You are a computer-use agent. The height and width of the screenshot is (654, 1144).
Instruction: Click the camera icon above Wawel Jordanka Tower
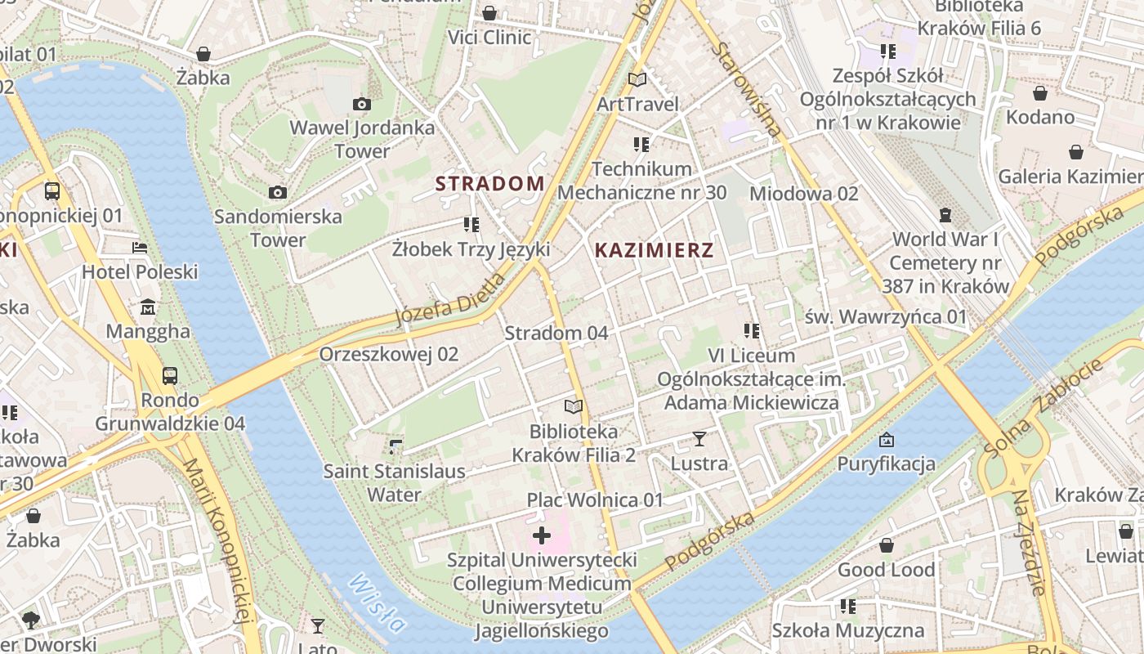(x=361, y=104)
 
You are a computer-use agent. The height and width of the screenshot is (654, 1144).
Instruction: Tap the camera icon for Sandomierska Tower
(x=278, y=193)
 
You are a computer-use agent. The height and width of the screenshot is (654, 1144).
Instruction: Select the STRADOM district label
(x=489, y=184)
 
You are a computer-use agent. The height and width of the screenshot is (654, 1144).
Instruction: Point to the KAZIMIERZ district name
(x=654, y=251)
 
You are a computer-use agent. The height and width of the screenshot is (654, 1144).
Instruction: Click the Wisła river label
(x=377, y=603)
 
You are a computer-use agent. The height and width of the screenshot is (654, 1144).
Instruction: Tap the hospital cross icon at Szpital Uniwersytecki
(x=541, y=536)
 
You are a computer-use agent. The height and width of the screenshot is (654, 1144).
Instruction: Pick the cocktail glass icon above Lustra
(x=699, y=439)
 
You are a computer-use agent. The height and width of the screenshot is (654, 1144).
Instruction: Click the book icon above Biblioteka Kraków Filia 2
(x=574, y=406)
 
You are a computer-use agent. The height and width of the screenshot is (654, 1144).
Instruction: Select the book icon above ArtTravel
(x=637, y=79)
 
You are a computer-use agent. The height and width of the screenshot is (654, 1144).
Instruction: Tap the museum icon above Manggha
(x=148, y=307)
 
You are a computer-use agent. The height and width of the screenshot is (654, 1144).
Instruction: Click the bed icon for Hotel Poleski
(x=140, y=247)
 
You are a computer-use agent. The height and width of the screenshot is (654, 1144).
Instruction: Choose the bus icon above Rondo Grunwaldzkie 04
(x=170, y=375)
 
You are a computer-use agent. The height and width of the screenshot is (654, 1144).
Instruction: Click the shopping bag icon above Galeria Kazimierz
(x=1076, y=152)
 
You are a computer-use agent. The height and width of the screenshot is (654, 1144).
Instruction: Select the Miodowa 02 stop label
(x=804, y=194)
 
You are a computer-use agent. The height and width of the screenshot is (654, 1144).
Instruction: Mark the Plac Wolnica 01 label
(x=595, y=499)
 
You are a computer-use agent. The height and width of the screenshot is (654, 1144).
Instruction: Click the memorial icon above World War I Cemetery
(x=945, y=215)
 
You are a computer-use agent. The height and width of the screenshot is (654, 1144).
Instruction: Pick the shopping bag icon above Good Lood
(x=886, y=545)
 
